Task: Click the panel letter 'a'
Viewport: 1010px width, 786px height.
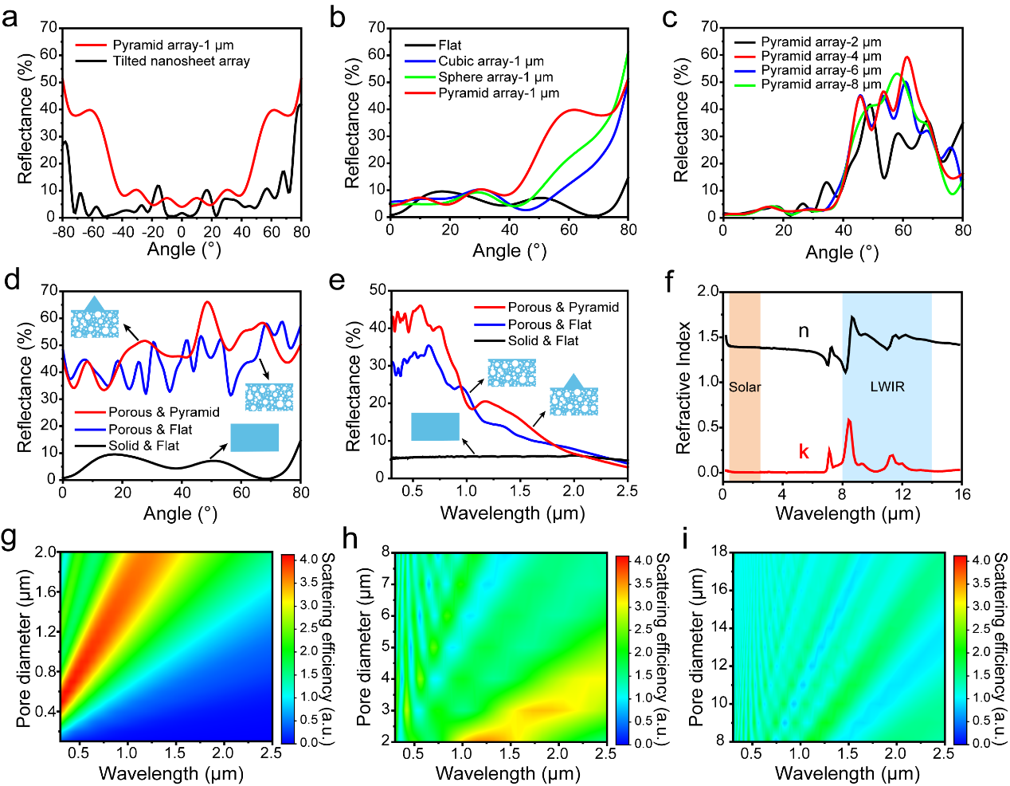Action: point(10,17)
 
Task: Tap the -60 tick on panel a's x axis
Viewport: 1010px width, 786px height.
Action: point(94,232)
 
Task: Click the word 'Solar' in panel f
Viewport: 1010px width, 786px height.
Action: point(745,387)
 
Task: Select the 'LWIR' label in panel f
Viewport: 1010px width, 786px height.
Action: point(887,387)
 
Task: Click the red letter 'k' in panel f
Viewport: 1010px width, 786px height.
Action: point(804,452)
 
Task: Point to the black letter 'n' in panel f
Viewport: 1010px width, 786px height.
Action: point(804,331)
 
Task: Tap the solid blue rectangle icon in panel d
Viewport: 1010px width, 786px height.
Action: point(254,438)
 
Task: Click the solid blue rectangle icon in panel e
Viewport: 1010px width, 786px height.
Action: point(435,426)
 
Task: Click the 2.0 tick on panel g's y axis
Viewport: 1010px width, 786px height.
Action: point(45,552)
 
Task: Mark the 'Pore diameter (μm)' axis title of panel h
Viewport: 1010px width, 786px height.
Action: point(364,647)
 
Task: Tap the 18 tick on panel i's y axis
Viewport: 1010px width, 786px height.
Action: point(718,552)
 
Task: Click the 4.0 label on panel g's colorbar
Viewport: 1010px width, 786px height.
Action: point(308,560)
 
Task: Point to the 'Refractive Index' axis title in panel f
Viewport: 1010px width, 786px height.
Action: point(683,388)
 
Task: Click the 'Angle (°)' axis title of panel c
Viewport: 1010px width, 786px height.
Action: point(842,253)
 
